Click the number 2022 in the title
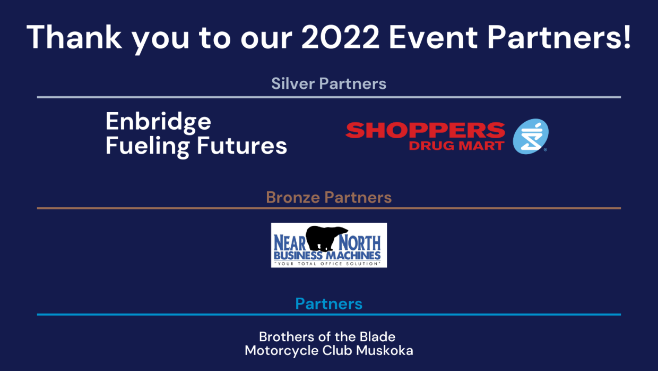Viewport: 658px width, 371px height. [341, 37]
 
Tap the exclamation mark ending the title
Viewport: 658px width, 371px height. [627, 37]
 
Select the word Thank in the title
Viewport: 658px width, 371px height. [74, 37]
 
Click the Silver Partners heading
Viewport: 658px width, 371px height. [328, 83]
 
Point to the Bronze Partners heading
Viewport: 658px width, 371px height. [328, 197]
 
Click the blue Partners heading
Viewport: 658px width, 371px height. [328, 303]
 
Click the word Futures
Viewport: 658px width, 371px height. [242, 145]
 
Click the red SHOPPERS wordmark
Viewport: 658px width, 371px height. [426, 130]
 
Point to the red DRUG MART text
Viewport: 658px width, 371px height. [456, 146]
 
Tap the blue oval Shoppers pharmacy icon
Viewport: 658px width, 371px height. [531, 136]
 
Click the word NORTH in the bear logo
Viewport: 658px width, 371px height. [360, 243]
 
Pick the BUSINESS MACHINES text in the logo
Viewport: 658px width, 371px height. [327, 255]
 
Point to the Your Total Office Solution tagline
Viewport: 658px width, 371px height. [328, 264]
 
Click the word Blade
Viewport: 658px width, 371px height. [377, 337]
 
